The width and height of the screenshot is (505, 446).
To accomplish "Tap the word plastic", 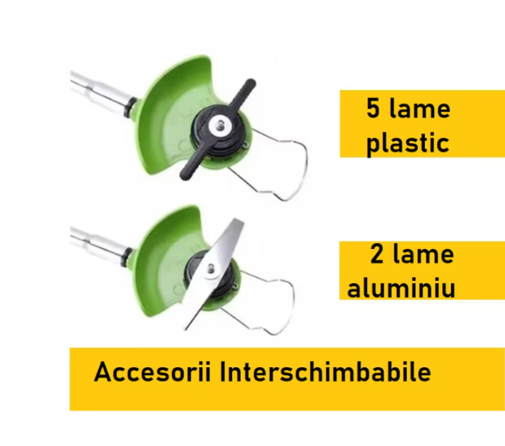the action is tap(408, 143).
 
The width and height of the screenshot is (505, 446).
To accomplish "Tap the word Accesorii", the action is tap(153, 372).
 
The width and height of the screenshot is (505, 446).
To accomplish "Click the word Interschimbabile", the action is tap(326, 372).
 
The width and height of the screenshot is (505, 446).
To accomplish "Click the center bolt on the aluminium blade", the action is tap(211, 269).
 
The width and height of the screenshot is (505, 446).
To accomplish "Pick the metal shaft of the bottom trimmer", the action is tap(100, 242).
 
